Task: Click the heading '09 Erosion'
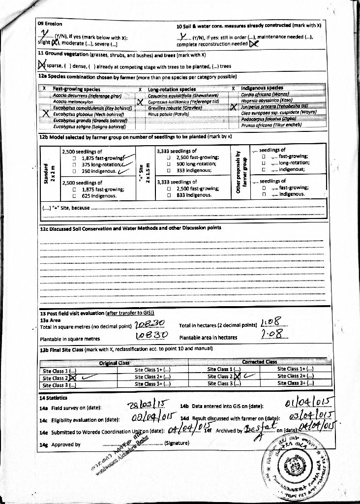50,24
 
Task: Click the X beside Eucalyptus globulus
45,113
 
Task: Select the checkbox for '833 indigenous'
169,195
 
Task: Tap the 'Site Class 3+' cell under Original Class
152,383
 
